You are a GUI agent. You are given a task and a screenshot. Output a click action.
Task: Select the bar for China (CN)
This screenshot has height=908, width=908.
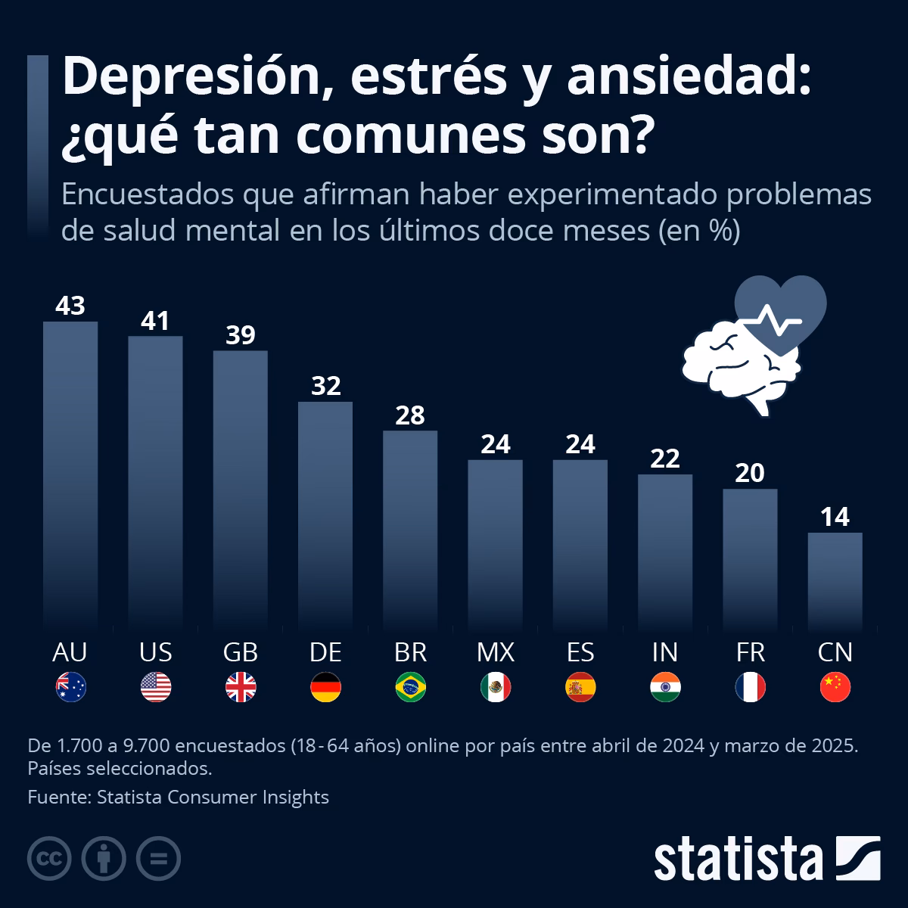[835, 580]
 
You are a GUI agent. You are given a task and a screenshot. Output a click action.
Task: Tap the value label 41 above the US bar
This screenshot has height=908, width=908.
[155, 321]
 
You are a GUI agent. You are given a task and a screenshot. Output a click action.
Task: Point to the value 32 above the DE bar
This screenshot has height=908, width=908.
[326, 386]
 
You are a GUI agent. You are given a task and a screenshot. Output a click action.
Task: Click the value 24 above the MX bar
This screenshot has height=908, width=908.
[496, 444]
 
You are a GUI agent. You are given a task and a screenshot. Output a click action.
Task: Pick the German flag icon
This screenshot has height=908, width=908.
[326, 687]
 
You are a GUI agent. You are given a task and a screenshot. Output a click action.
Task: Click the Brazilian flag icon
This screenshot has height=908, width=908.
[411, 687]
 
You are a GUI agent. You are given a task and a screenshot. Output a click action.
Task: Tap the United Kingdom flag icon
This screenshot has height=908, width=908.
[241, 687]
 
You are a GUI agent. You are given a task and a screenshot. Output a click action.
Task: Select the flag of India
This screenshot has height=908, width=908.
[665, 687]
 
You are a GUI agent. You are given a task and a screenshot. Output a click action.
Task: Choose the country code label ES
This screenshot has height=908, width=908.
[580, 651]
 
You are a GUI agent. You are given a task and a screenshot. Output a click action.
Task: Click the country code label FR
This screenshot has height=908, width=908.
[750, 651]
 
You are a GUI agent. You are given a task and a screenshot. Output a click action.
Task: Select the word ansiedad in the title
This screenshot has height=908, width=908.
[687, 77]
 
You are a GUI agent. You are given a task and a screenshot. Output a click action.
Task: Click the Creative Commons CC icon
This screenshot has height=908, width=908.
[49, 858]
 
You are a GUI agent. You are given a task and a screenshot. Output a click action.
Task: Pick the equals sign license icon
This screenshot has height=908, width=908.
[158, 858]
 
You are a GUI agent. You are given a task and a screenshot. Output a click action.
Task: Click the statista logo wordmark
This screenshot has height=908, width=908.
[738, 859]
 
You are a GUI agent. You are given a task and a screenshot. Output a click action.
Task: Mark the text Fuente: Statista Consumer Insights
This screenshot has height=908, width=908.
[178, 797]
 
